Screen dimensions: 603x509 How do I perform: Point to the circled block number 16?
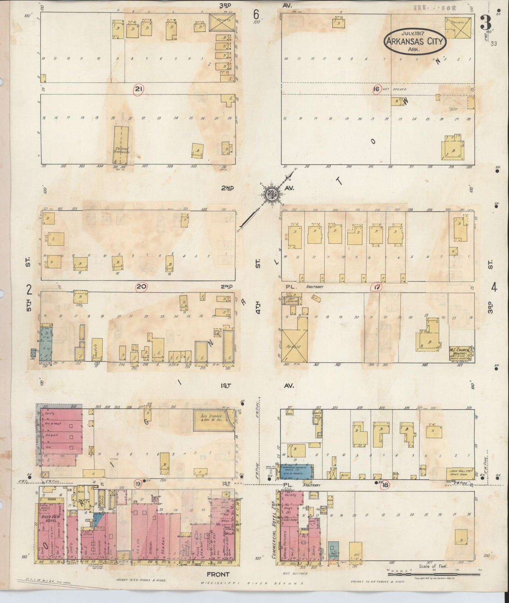click(x=377, y=89)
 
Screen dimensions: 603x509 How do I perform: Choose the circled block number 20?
click(x=142, y=287)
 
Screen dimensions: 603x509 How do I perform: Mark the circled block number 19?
click(x=138, y=484)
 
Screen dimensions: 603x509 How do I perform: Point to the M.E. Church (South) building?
click(x=461, y=351)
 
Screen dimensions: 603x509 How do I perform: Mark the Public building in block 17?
click(x=294, y=347)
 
